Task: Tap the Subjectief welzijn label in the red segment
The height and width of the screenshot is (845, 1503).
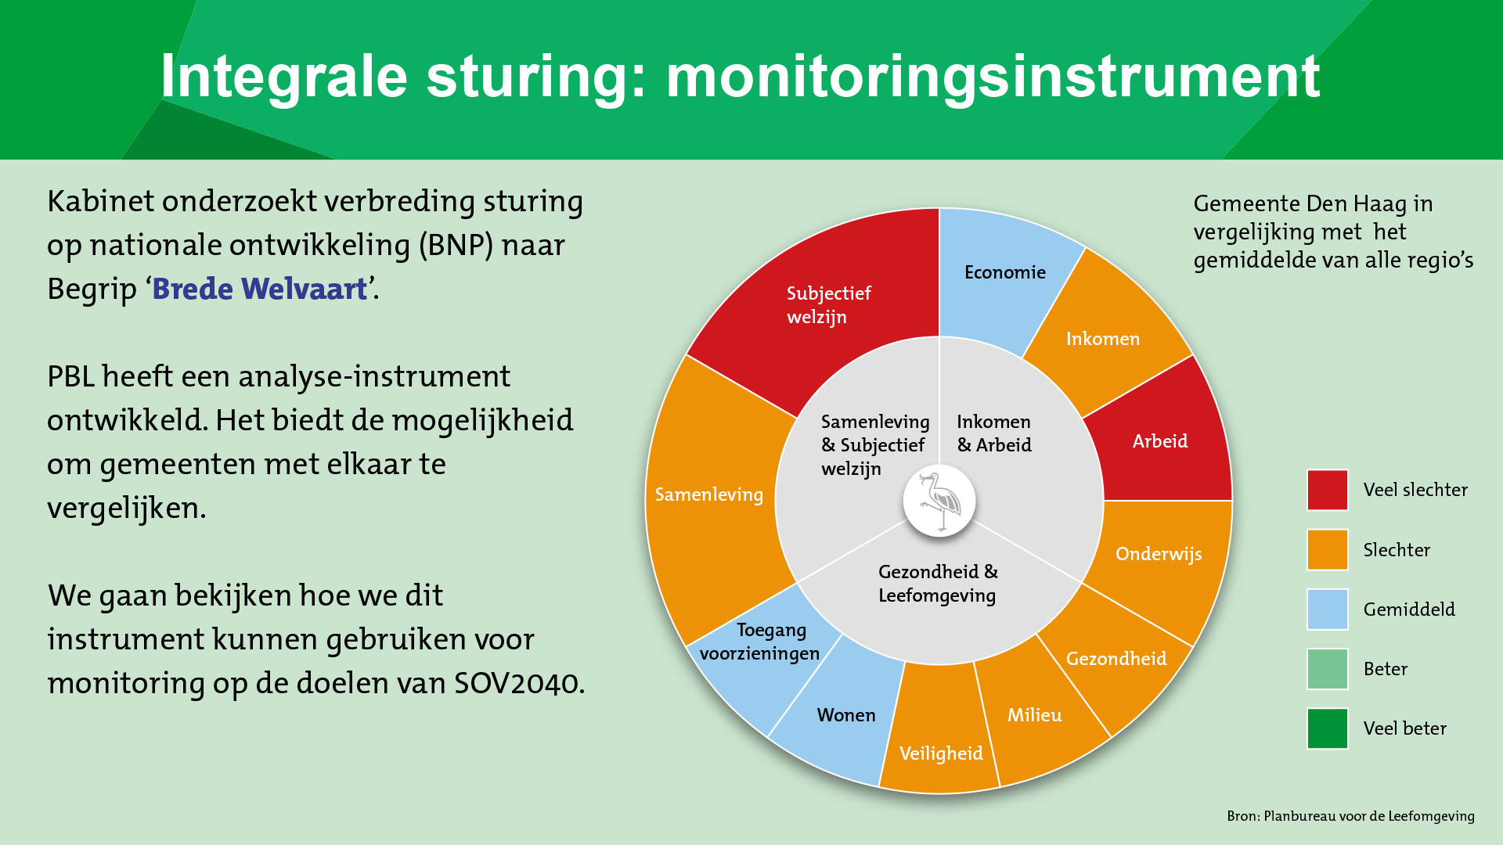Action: [x=828, y=305]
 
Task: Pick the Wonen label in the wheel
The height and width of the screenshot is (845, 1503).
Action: [x=846, y=715]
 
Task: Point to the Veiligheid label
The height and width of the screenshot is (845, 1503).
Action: [x=941, y=753]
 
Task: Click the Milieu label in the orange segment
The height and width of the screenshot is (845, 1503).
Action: [x=1034, y=715]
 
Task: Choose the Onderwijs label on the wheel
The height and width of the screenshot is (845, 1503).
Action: [x=1159, y=555]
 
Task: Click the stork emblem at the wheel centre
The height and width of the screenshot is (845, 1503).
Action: [x=939, y=502]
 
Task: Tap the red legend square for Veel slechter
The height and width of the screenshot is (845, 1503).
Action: [x=1328, y=490]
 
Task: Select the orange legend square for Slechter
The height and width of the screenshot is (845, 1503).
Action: [x=1328, y=549]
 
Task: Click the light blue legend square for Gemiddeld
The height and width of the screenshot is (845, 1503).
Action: [x=1328, y=609]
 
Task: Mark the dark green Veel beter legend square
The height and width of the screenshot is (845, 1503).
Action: [x=1328, y=728]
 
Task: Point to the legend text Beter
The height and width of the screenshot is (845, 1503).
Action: [x=1386, y=669]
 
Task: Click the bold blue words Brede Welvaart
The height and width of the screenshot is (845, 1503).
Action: [x=260, y=289]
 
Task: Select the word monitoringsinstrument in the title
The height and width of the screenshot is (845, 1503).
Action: [x=993, y=77]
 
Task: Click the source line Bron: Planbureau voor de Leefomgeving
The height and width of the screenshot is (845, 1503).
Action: [x=1350, y=816]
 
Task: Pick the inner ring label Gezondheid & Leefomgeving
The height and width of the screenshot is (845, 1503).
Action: [x=938, y=584]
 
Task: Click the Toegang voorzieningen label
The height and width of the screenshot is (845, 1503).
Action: [x=759, y=642]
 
